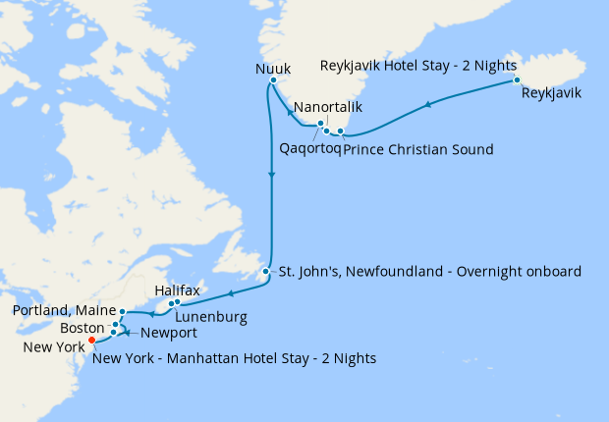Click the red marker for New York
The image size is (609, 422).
(x=91, y=341)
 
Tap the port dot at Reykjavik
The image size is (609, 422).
(x=517, y=79)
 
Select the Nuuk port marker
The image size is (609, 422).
(x=272, y=80)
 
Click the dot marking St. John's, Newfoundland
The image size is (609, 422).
(x=266, y=271)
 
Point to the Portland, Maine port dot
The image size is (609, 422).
(x=122, y=311)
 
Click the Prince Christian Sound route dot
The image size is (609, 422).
(x=341, y=131)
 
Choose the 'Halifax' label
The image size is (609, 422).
(x=178, y=291)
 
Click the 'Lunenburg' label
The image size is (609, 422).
(x=210, y=317)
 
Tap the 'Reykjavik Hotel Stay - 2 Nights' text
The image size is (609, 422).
(x=418, y=65)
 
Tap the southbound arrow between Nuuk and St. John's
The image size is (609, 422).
(x=271, y=174)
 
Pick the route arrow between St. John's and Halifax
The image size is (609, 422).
(x=228, y=293)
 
